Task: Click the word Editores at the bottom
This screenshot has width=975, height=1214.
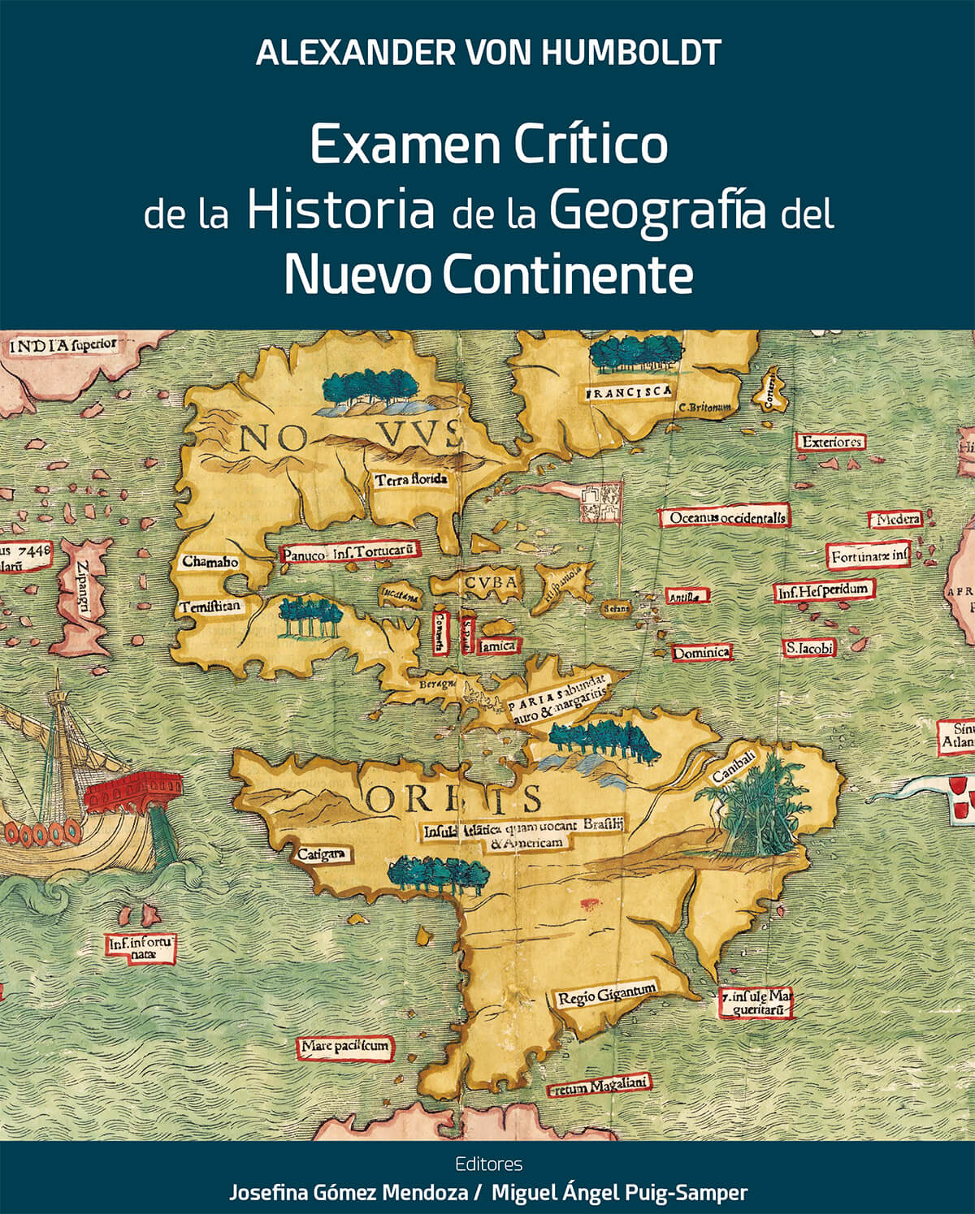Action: pyautogui.click(x=488, y=1164)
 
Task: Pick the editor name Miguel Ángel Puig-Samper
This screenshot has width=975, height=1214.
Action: pyautogui.click(x=619, y=1192)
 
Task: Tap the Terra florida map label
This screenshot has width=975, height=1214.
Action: pyautogui.click(x=410, y=480)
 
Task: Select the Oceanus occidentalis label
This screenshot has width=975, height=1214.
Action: pyautogui.click(x=728, y=517)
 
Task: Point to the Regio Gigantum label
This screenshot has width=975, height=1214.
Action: pyautogui.click(x=606, y=994)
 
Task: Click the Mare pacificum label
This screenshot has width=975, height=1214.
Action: pyautogui.click(x=344, y=1048)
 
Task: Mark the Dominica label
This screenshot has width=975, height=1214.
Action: pyautogui.click(x=701, y=652)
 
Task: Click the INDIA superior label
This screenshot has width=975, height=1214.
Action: pyautogui.click(x=63, y=345)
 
